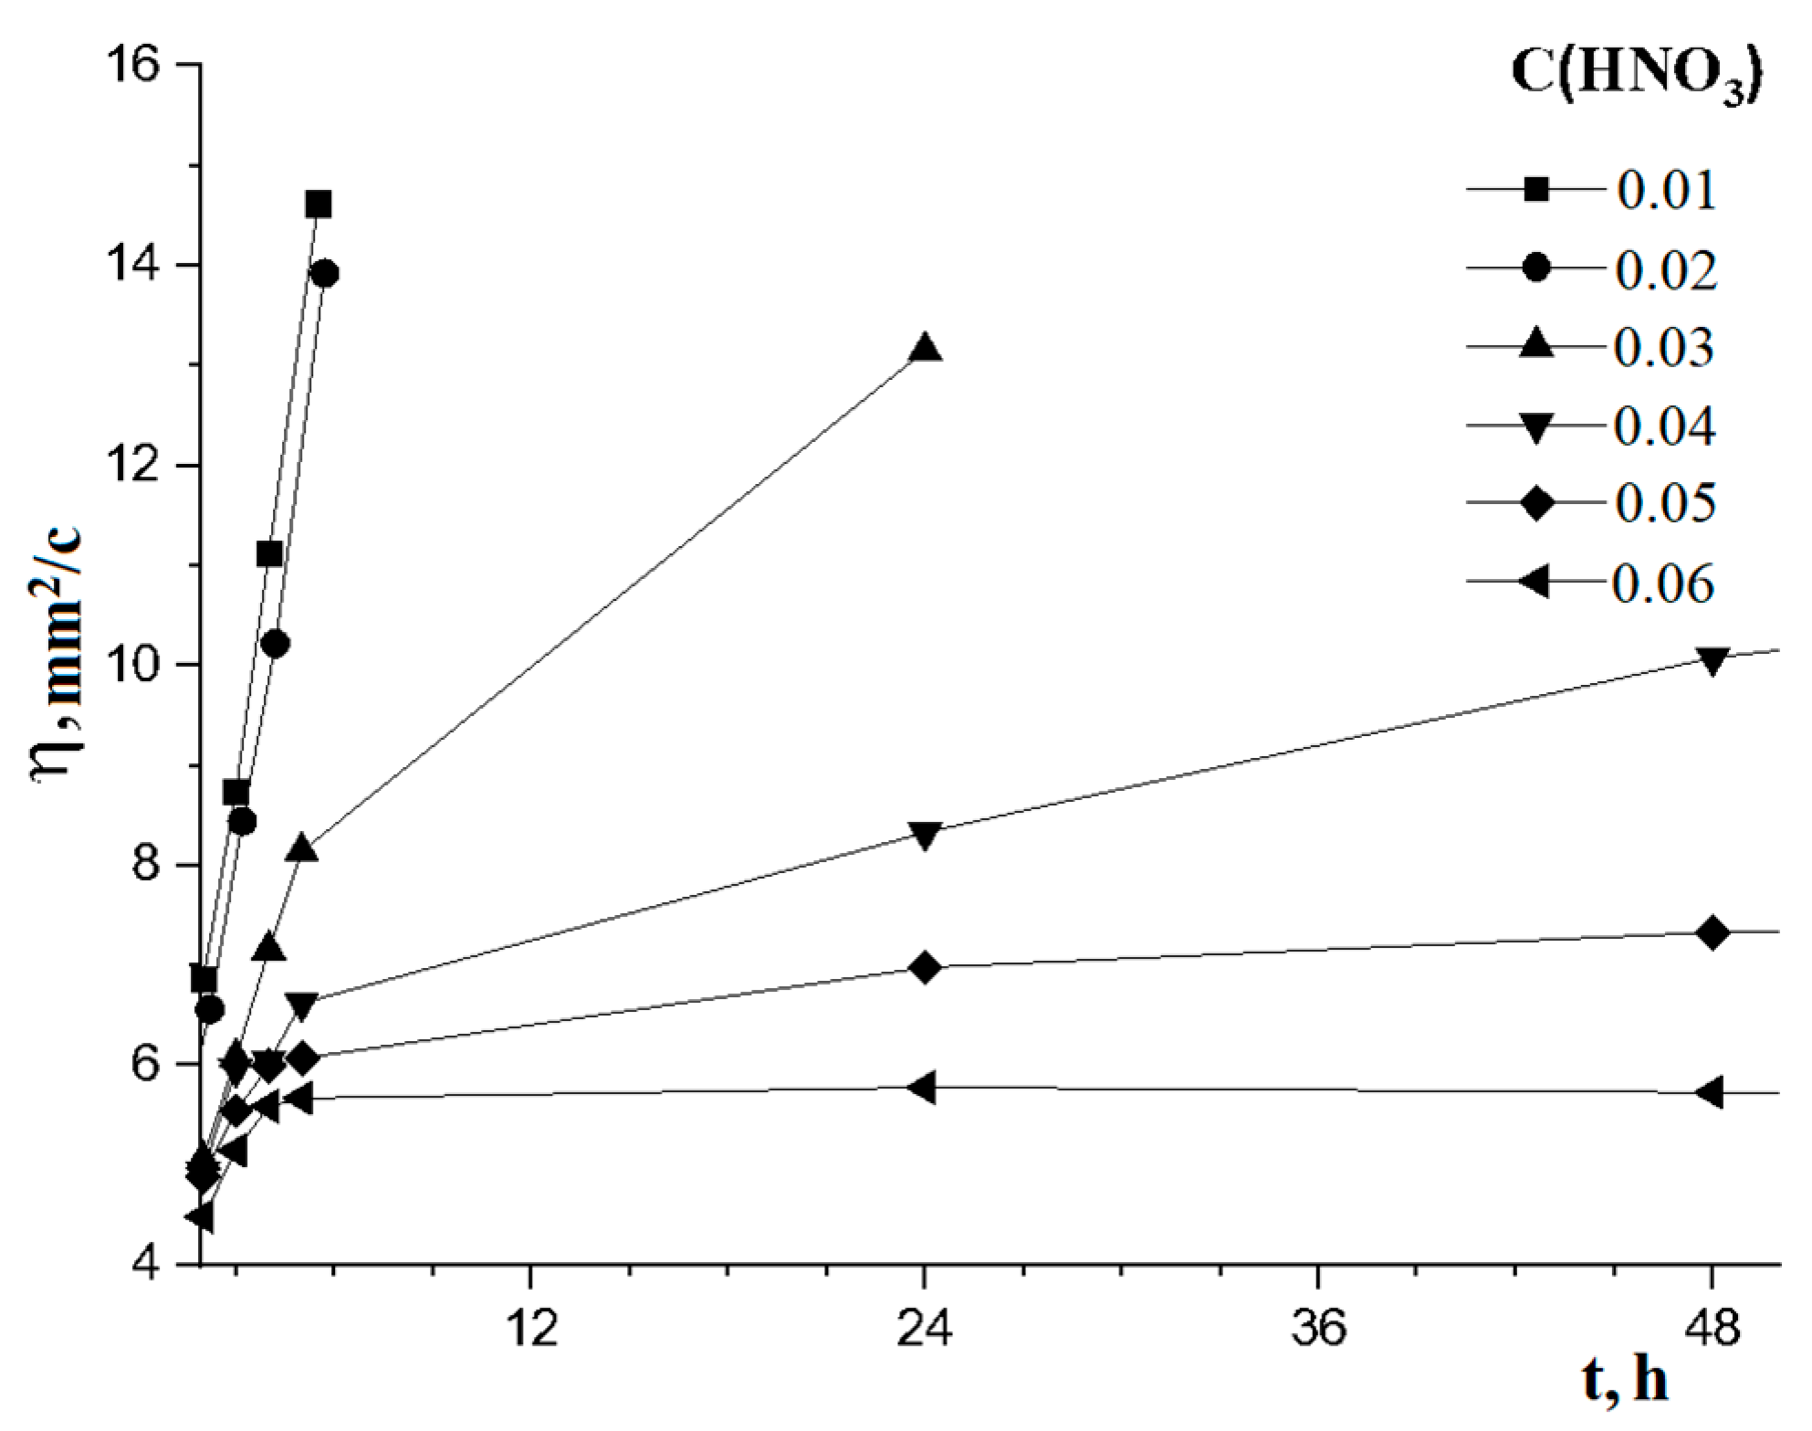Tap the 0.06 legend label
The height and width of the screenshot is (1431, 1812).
pos(1663,584)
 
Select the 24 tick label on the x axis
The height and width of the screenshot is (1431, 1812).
pos(925,1330)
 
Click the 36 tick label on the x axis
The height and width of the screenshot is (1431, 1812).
pos(1319,1330)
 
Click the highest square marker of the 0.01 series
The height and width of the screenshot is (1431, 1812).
pos(318,205)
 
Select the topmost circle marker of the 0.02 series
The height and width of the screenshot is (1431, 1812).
pos(325,274)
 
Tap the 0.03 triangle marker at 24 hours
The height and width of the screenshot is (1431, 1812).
pos(926,348)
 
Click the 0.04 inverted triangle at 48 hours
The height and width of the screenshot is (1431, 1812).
pos(1713,660)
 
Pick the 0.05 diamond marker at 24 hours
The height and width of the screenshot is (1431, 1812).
pos(926,967)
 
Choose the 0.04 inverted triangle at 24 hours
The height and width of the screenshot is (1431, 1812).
pos(926,835)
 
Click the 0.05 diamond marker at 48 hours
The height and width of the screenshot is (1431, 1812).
pos(1713,933)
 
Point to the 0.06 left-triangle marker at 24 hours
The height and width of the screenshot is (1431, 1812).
pos(923,1088)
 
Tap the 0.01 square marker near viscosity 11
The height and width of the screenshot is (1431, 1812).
pos(269,554)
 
